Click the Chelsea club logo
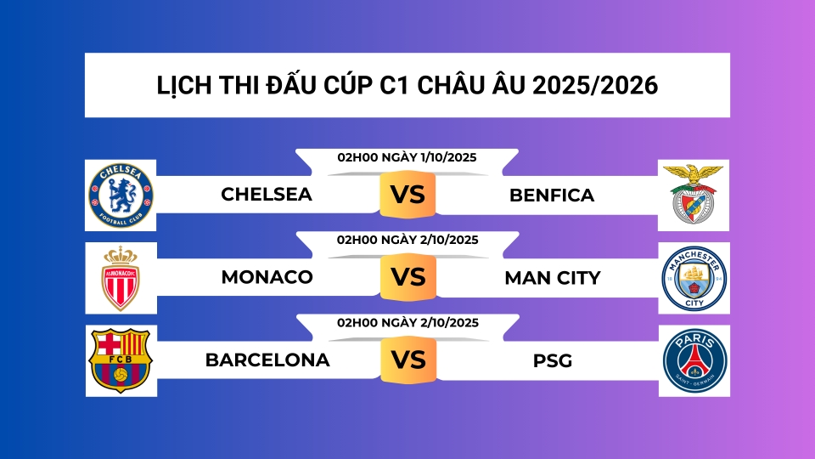pos(121,195)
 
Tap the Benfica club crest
pos(694,195)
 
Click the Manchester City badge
pos(694,278)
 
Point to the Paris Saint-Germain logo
pos(694,360)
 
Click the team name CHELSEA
pos(267,195)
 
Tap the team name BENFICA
pos(552,195)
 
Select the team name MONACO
pos(267,278)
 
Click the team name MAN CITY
pos(552,278)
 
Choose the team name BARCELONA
pos(267,360)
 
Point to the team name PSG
pos(553,361)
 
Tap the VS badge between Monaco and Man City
pos(407,278)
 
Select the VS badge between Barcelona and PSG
pos(407,360)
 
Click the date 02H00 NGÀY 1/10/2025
pos(407,157)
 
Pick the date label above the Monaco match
pos(407,240)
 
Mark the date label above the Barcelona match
pos(407,322)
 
